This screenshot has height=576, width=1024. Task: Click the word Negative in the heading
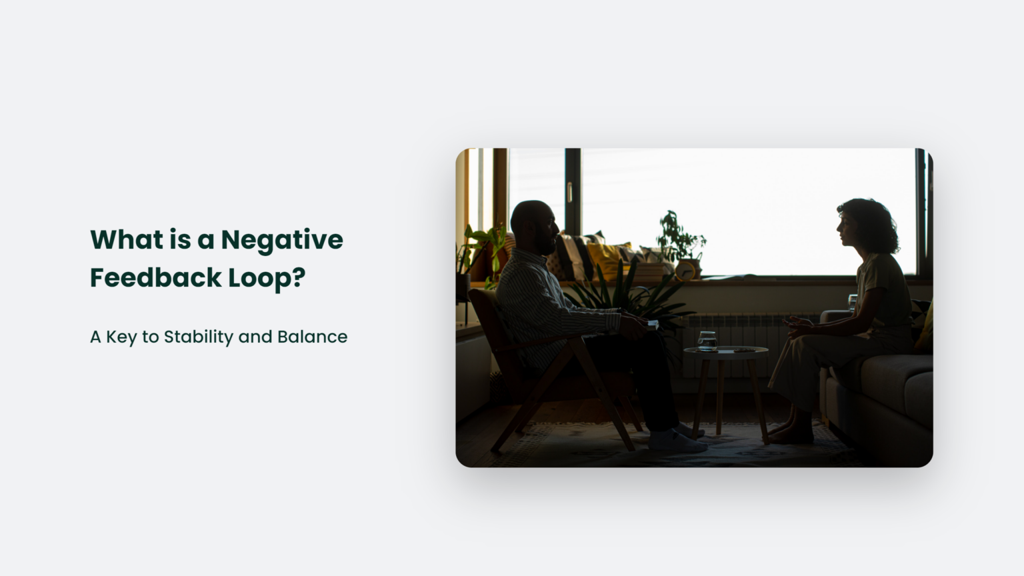(x=281, y=240)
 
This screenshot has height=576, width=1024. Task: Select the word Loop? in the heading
(x=267, y=278)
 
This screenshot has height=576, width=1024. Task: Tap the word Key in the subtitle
(x=121, y=337)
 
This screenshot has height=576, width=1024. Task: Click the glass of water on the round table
(x=707, y=341)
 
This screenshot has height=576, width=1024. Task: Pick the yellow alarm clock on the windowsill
(x=685, y=270)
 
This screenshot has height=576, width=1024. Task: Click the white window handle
(x=569, y=192)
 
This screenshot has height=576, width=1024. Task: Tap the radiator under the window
(x=747, y=333)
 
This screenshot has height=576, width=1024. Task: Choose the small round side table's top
(x=725, y=351)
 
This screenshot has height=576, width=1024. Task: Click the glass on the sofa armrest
(x=852, y=302)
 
